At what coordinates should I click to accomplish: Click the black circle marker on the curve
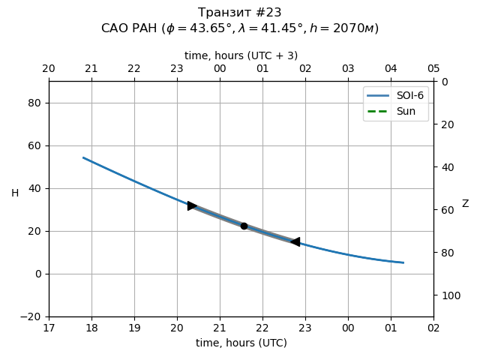tap(244, 226)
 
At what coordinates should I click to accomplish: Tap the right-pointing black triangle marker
tap(192, 205)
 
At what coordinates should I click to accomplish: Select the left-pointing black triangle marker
tap(295, 241)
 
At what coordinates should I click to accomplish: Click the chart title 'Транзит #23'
tap(240, 13)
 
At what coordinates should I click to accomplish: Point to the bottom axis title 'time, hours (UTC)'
tap(241, 343)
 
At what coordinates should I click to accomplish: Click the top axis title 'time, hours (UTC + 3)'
tap(241, 55)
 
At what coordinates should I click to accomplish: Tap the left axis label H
tap(15, 193)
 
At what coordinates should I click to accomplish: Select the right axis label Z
tap(465, 204)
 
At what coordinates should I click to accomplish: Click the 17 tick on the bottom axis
tap(49, 328)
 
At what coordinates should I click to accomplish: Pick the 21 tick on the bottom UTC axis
tap(220, 328)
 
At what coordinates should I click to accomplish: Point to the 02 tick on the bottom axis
tap(433, 328)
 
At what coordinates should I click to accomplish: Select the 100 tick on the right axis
tap(448, 295)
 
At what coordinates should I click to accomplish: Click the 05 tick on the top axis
tap(433, 69)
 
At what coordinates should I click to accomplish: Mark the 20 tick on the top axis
tap(49, 69)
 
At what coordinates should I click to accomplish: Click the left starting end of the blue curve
tap(83, 157)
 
